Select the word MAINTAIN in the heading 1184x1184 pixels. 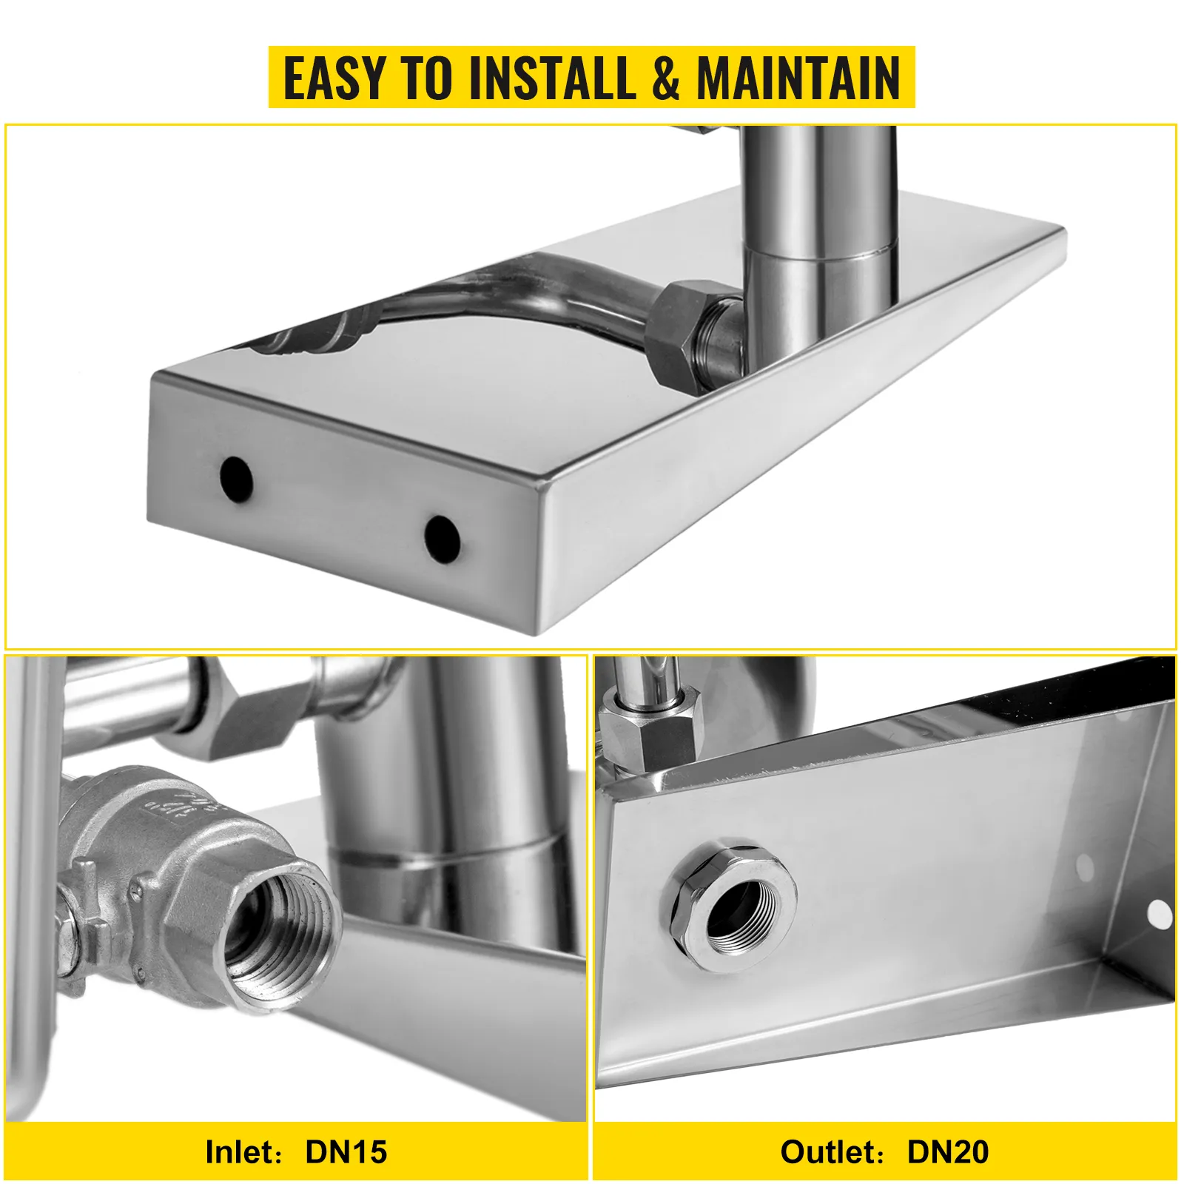coord(798,78)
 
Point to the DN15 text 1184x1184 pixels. coord(346,1152)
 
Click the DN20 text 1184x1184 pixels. coord(948,1152)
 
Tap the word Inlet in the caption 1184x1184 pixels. coord(239,1152)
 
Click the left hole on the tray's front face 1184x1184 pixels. coord(236,479)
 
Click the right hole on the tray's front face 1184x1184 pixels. coord(443,538)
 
